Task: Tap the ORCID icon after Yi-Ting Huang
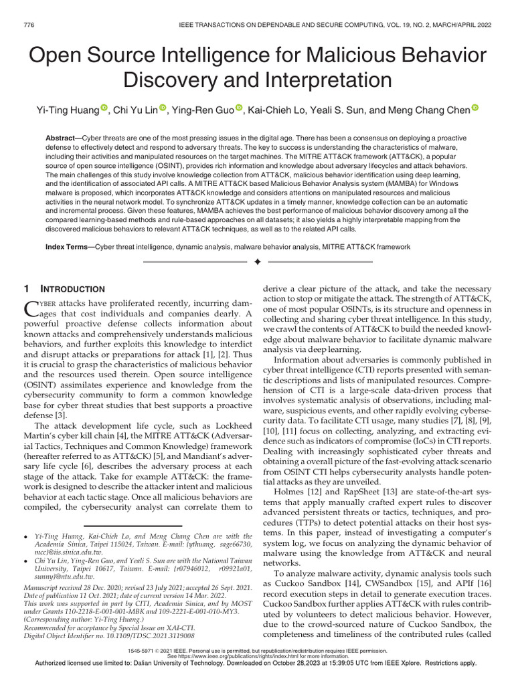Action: click(104, 108)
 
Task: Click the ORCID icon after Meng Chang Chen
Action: click(475, 108)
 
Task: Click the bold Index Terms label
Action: click(68, 247)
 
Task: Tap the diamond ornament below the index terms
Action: click(257, 261)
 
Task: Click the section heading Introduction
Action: click(76, 289)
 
